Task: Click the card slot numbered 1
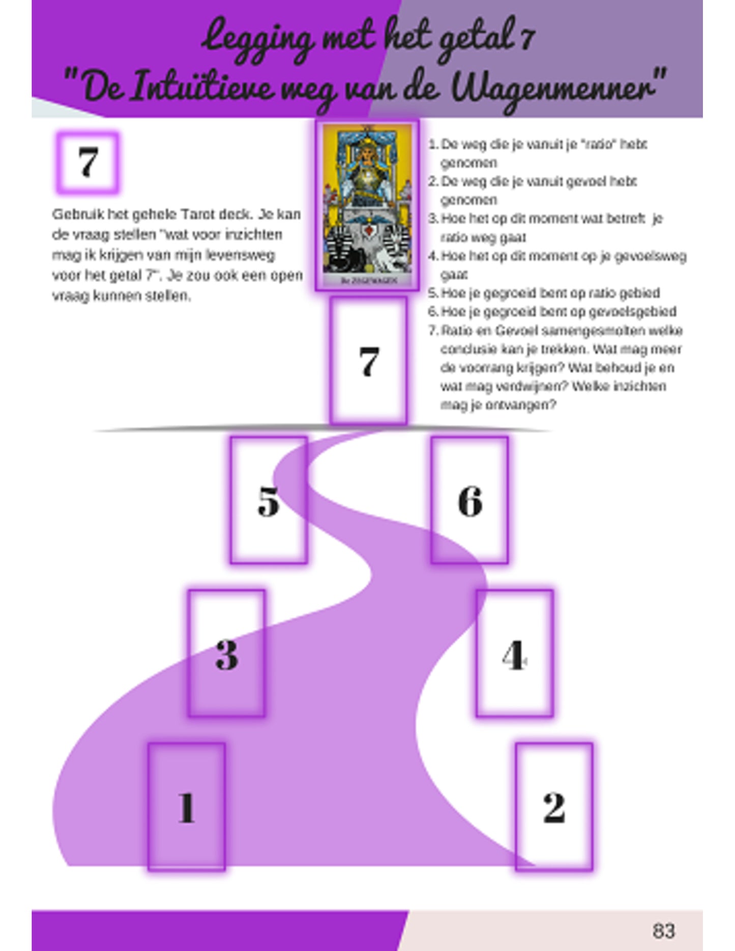pyautogui.click(x=187, y=806)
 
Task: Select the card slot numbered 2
pyautogui.click(x=554, y=806)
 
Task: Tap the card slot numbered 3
pyautogui.click(x=227, y=654)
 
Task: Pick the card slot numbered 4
pyautogui.click(x=515, y=654)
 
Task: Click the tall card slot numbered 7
pyautogui.click(x=368, y=361)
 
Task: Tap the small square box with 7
pyautogui.click(x=87, y=162)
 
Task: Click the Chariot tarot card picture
pyautogui.click(x=367, y=205)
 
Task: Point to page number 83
pyautogui.click(x=663, y=930)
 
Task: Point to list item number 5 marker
pyautogui.click(x=433, y=293)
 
